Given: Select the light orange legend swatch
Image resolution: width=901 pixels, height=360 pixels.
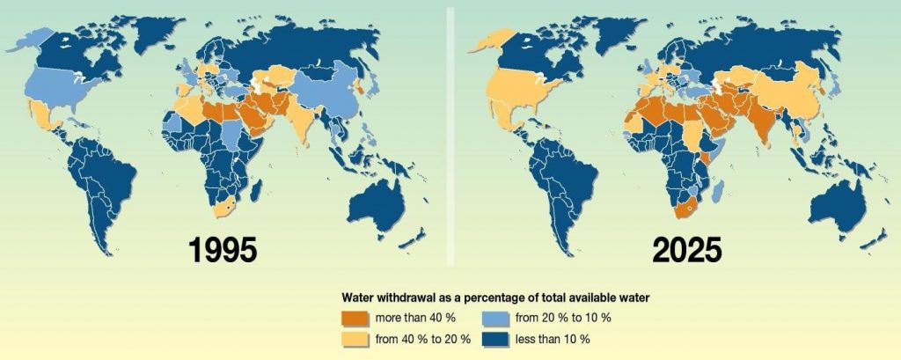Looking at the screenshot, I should (x=357, y=338).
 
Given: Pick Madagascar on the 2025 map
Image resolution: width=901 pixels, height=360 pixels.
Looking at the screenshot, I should (x=718, y=191).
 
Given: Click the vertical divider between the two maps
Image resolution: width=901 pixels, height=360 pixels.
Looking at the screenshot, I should (x=451, y=132).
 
